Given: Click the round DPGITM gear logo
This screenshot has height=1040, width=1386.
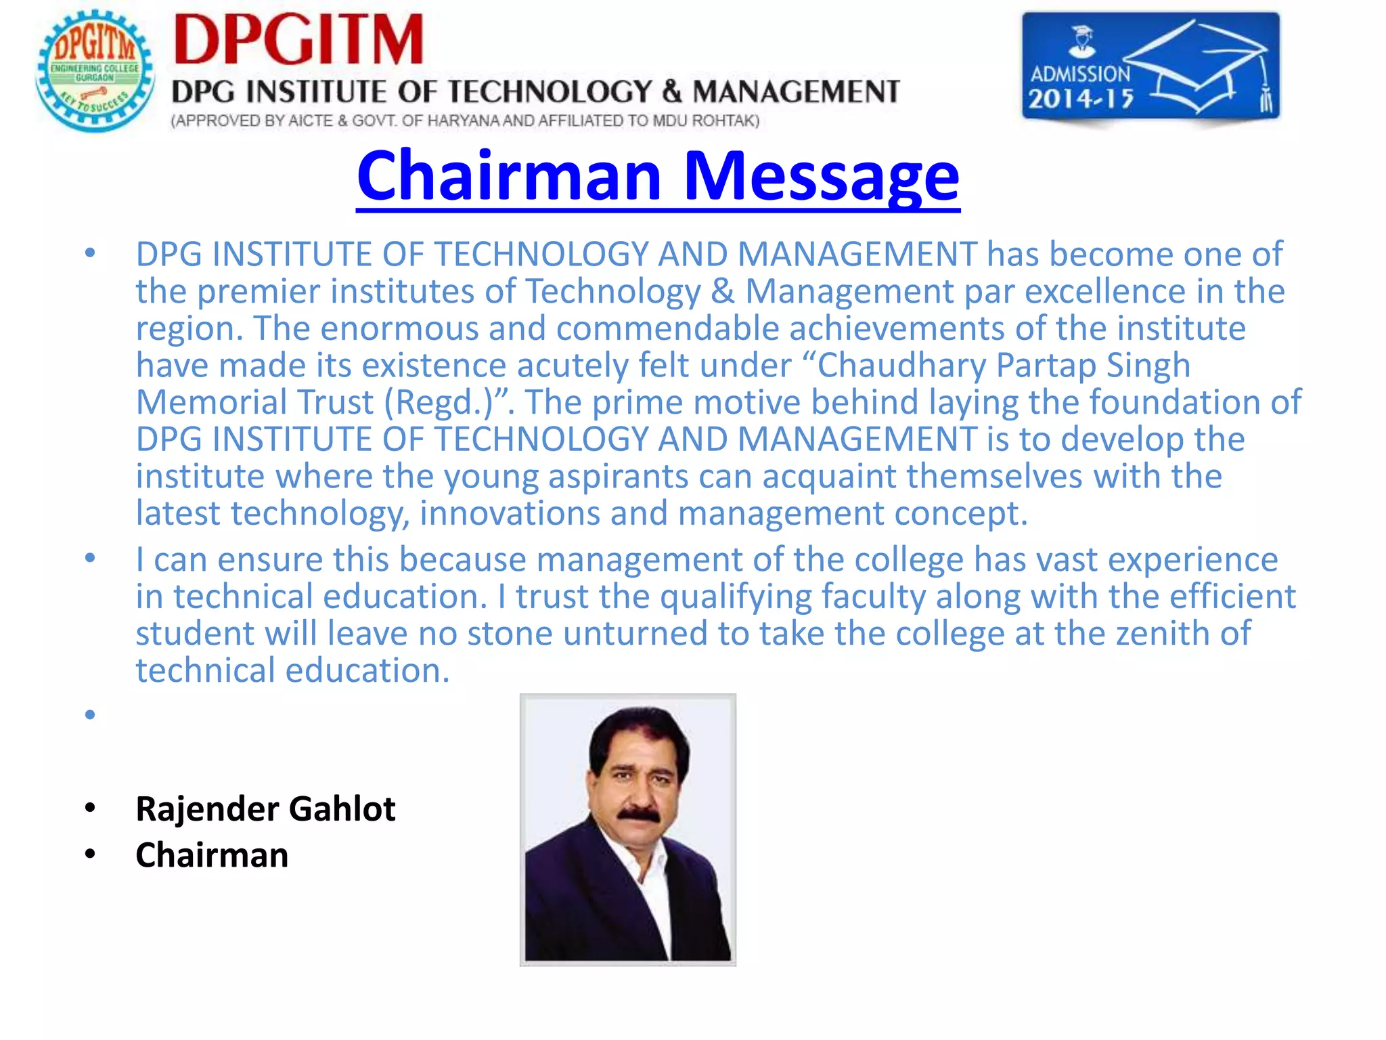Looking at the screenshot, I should click(x=95, y=70).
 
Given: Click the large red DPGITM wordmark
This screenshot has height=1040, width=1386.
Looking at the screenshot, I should click(x=298, y=41).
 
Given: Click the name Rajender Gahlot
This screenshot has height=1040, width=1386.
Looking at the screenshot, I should click(x=265, y=808).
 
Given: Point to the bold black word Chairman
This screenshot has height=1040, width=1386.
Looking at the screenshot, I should click(x=212, y=855).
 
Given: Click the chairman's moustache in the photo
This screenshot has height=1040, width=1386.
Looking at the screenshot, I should click(x=639, y=815).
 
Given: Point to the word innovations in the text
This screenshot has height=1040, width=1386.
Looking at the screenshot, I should click(x=510, y=513).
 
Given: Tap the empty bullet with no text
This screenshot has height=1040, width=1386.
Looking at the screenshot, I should click(x=90, y=714).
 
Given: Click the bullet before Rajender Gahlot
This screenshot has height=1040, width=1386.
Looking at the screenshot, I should click(x=90, y=808).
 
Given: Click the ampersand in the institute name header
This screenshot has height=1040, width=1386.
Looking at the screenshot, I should click(x=671, y=91).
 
